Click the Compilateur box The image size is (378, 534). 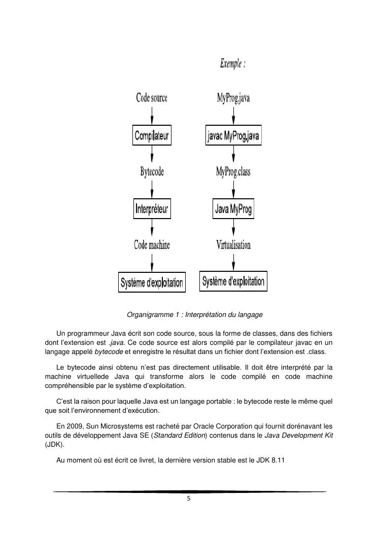pyautogui.click(x=151, y=136)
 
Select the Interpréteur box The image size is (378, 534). pyautogui.click(x=152, y=208)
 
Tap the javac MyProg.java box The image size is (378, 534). pyautogui.click(x=233, y=136)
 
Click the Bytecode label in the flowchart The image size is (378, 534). pyautogui.click(x=152, y=172)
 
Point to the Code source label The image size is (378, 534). pyautogui.click(x=152, y=98)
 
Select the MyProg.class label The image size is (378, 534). pyautogui.click(x=233, y=172)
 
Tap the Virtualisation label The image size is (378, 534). pyautogui.click(x=233, y=245)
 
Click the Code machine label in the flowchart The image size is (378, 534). pyautogui.click(x=152, y=245)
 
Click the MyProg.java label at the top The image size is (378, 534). pyautogui.click(x=233, y=98)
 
